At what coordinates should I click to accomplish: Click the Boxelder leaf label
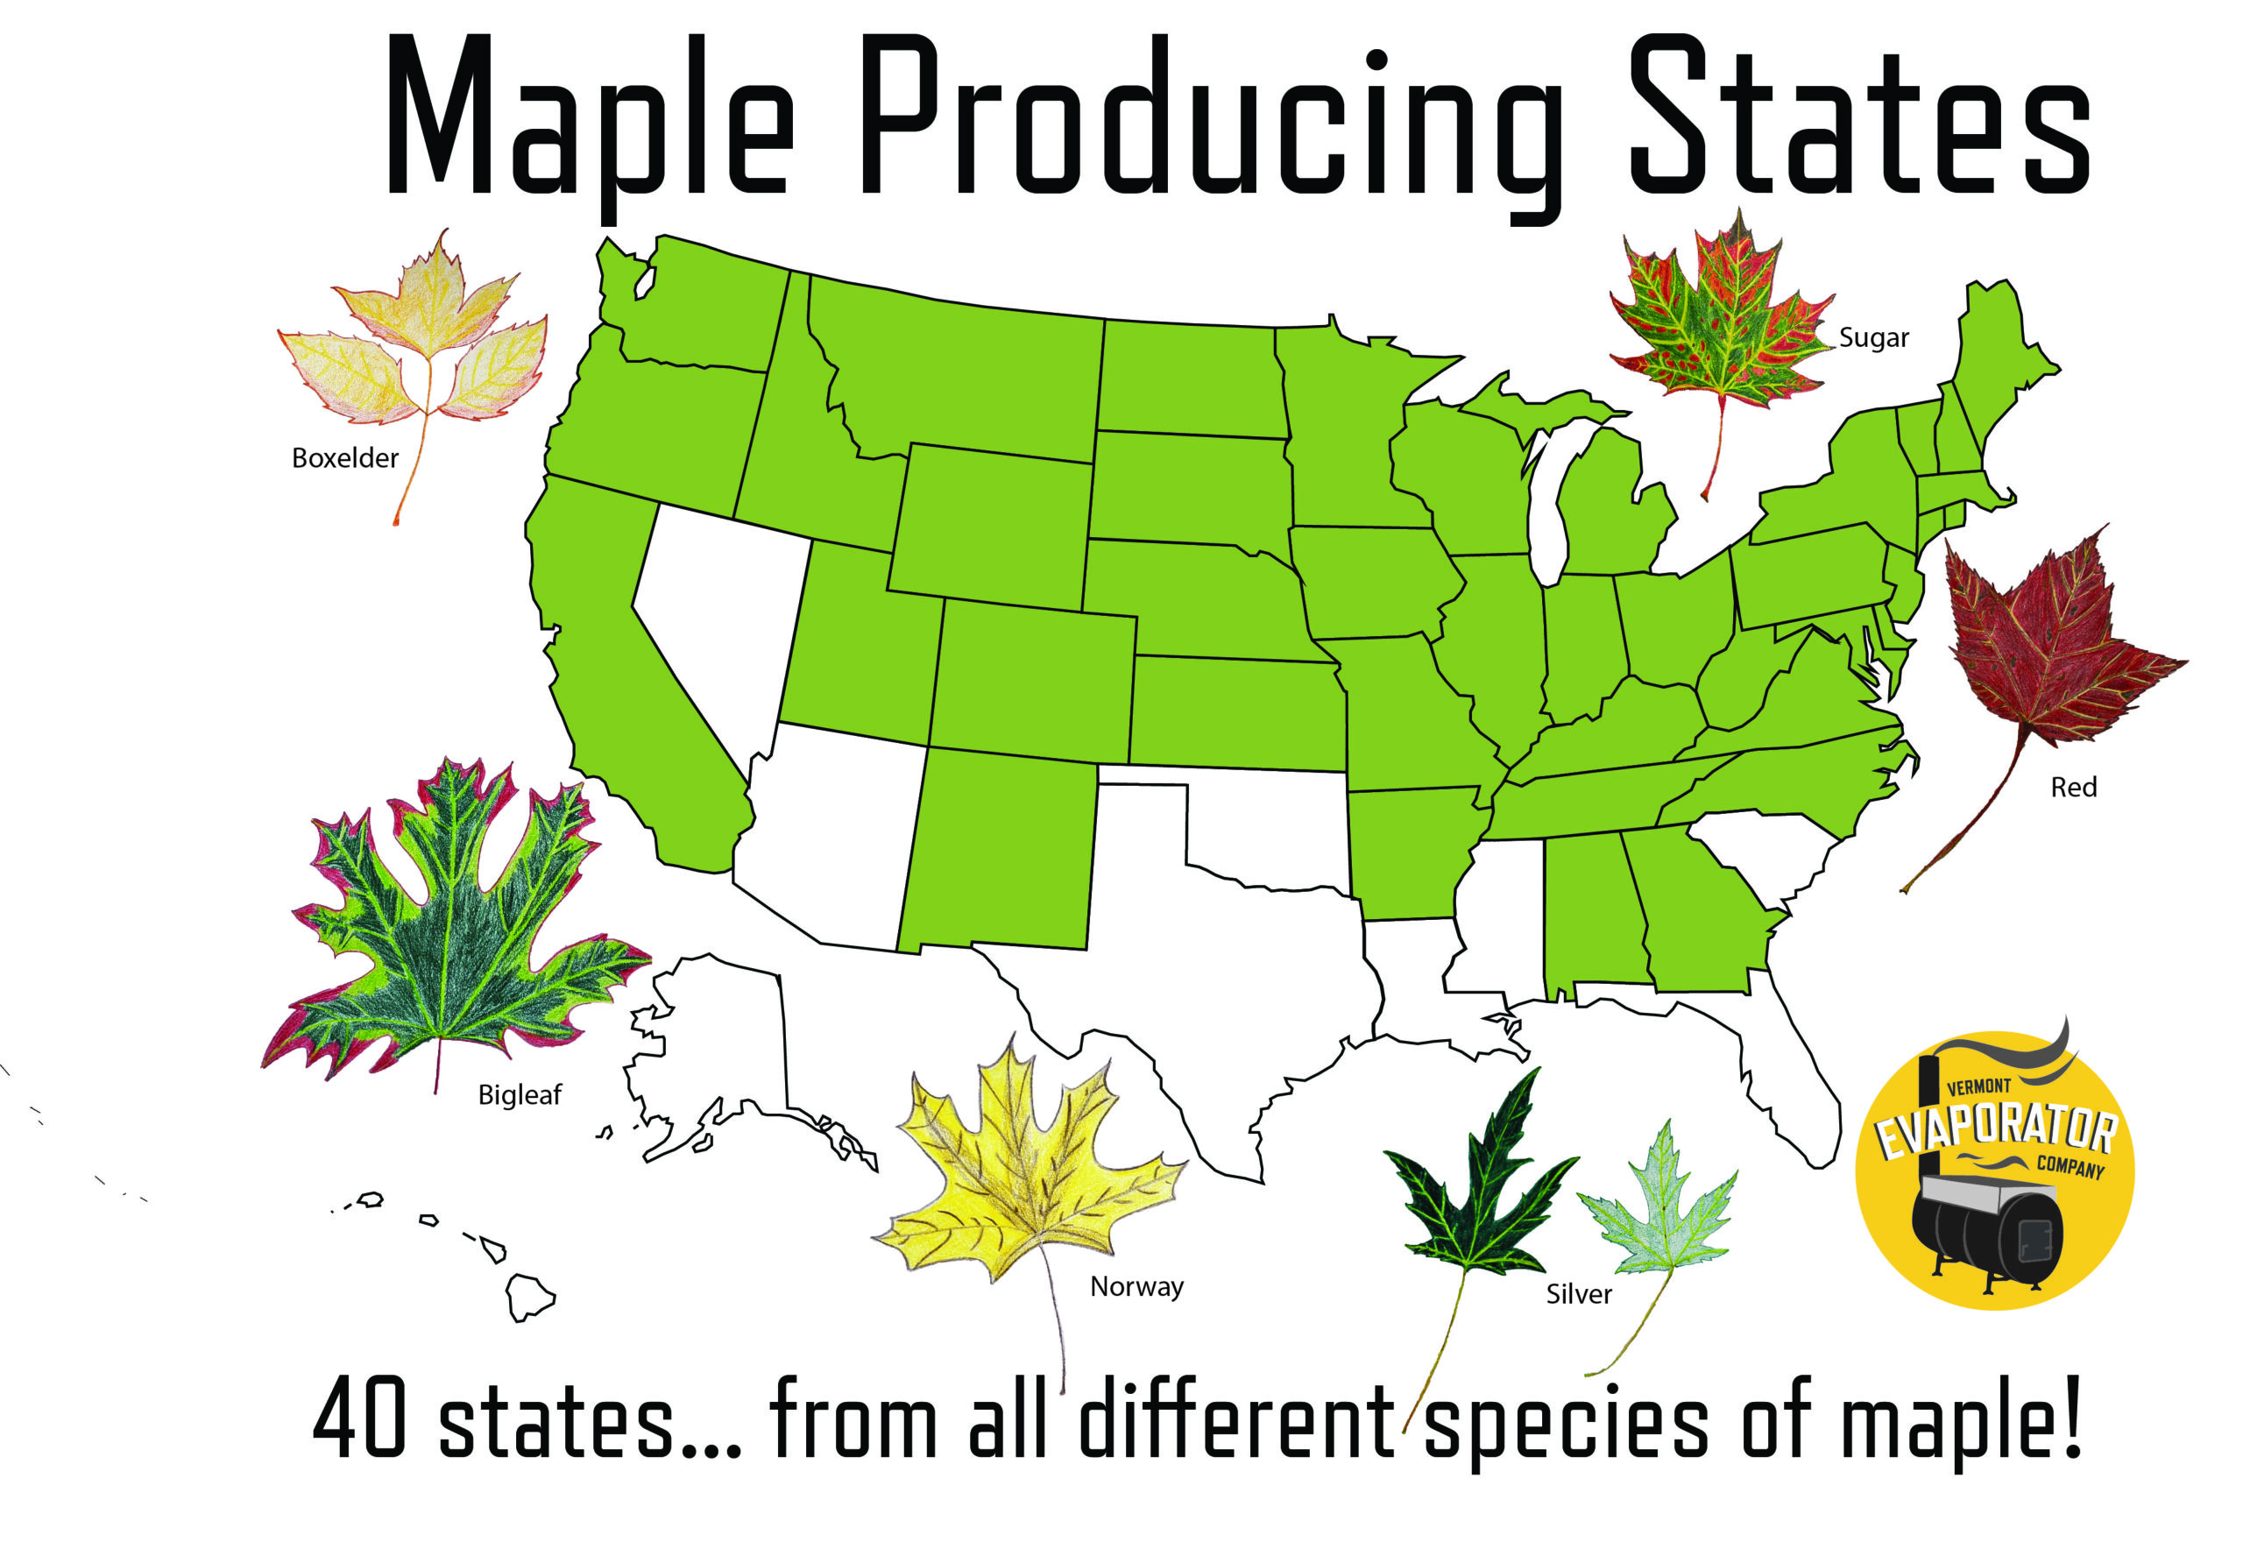point(345,458)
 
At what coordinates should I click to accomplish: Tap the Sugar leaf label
point(1873,338)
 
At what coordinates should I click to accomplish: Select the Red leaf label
point(2073,788)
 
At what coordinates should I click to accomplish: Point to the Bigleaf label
point(520,1094)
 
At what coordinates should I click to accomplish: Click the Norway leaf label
point(1136,1287)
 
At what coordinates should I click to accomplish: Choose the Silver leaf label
point(1578,1295)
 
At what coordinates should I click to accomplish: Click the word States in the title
point(1858,121)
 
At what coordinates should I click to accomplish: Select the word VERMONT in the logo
point(1978,1088)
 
